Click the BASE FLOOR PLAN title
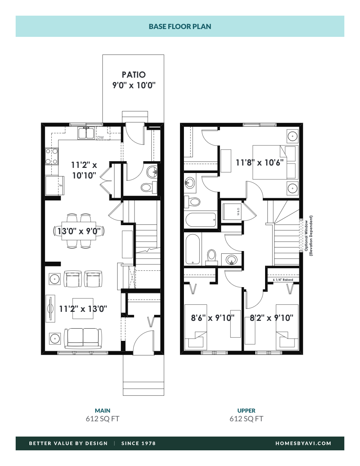click(180, 27)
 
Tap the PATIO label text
click(133, 75)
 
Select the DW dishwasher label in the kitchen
click(100, 138)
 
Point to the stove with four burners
click(52, 156)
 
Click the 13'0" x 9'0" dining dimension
click(79, 231)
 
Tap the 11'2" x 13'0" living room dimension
click(83, 309)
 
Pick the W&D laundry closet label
click(238, 213)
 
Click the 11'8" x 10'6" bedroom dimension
click(260, 162)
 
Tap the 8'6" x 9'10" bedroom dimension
click(213, 317)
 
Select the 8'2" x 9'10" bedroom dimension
click(272, 317)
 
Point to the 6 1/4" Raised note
click(282, 280)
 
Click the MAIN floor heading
click(102, 411)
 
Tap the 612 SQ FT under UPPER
click(246, 419)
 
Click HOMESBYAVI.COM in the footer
click(304, 443)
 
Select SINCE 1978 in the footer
click(138, 443)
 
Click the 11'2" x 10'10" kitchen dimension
click(84, 171)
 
